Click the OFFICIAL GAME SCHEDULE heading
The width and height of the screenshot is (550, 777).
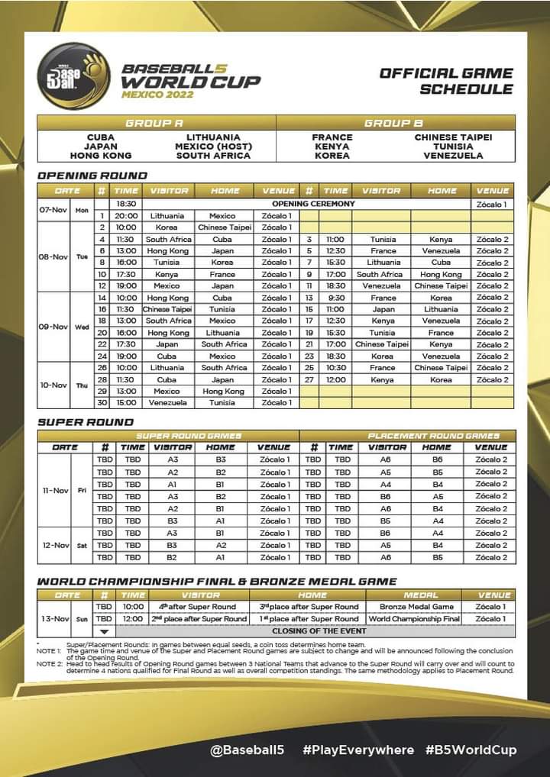(446, 81)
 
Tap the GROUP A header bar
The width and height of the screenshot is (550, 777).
(156, 123)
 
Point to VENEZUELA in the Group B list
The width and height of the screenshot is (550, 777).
(453, 156)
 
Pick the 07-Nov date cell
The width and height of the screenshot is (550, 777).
(54, 210)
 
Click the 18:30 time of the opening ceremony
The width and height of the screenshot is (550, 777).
(125, 204)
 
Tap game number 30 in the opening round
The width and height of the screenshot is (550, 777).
(102, 402)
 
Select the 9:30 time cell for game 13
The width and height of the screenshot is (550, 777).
(335, 298)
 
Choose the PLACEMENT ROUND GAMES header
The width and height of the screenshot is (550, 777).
(433, 436)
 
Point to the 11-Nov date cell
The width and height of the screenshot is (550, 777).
(54, 490)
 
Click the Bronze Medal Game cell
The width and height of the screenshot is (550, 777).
(421, 607)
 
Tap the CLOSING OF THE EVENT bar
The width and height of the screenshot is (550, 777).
(319, 631)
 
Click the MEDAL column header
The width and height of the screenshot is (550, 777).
(421, 595)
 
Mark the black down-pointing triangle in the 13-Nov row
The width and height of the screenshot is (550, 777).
(104, 631)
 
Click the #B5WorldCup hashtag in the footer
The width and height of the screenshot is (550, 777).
(471, 750)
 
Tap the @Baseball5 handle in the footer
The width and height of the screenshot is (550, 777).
(247, 750)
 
